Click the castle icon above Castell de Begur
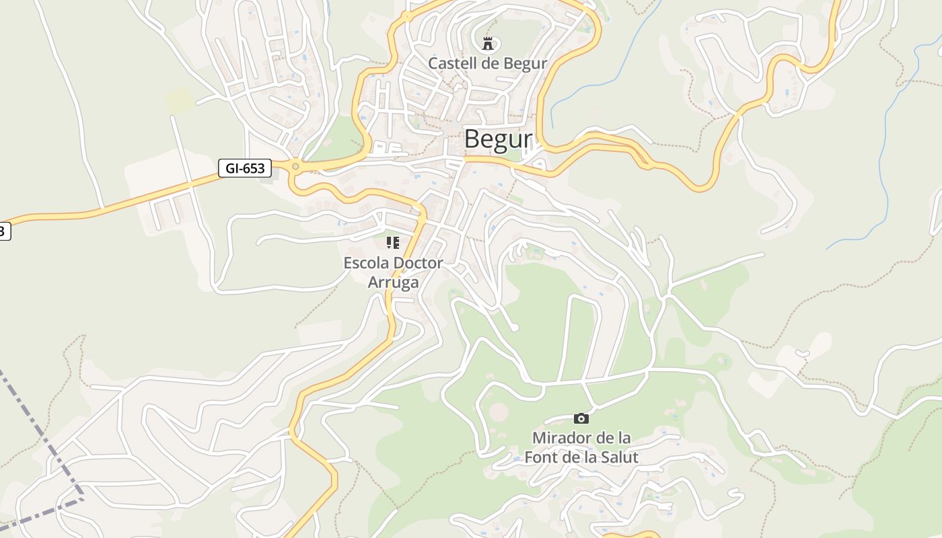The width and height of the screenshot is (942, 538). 488,44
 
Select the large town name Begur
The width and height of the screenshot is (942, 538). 498,139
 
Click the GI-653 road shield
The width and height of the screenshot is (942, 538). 244,168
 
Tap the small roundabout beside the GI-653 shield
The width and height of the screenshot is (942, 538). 295,166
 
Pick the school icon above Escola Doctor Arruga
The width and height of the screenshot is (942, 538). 393,243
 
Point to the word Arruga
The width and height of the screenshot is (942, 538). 393,282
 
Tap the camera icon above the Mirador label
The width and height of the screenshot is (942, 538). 581,419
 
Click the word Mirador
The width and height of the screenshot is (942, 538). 559,438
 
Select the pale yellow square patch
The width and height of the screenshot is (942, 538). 180,100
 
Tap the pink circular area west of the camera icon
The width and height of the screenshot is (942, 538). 498,412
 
